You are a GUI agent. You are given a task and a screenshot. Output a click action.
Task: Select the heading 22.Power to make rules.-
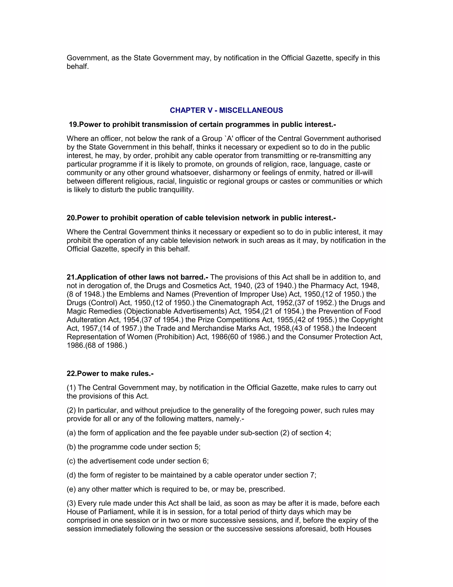110,374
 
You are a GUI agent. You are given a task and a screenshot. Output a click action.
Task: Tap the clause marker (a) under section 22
71,433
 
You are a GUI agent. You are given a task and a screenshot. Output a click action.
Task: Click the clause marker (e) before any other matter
71,489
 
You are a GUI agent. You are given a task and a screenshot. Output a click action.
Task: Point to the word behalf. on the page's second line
78,67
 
